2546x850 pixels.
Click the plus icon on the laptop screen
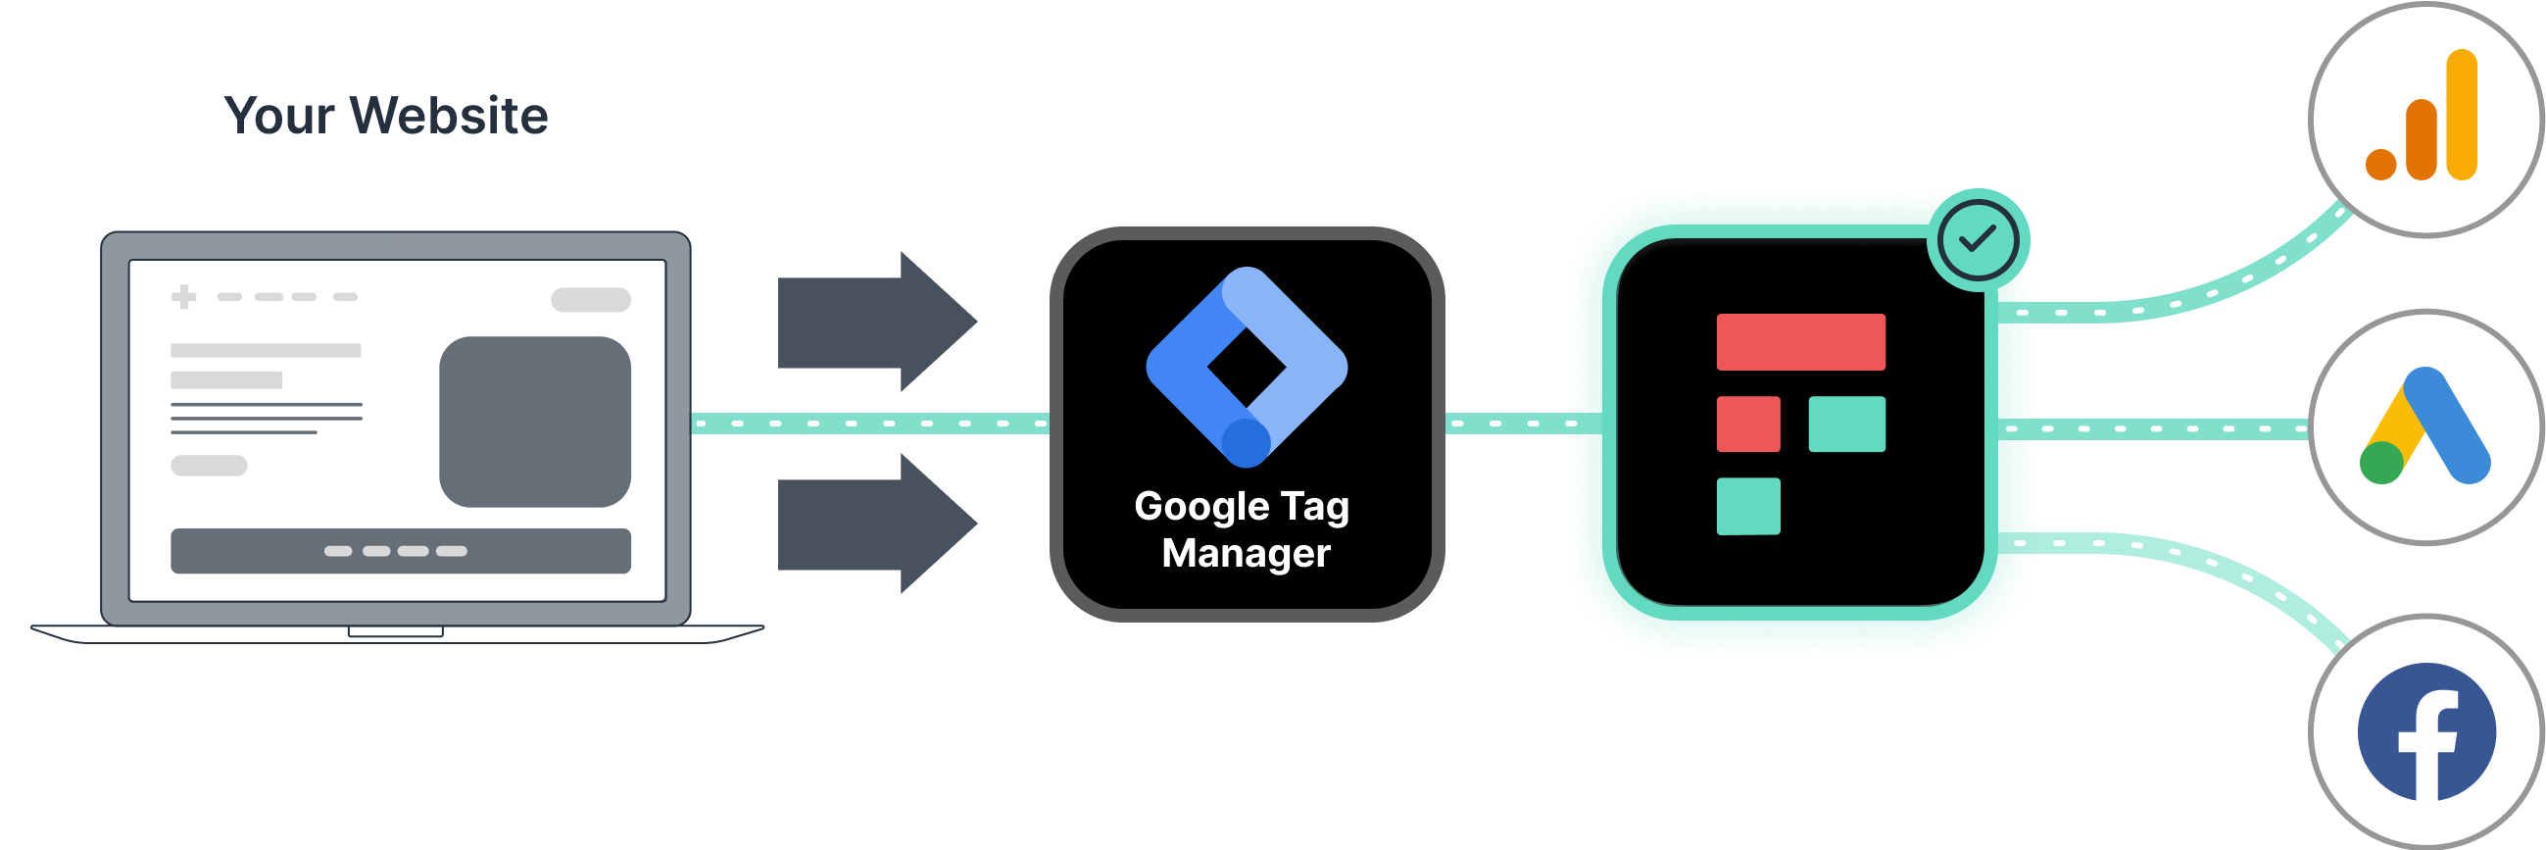[x=184, y=296]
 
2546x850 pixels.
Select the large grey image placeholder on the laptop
[x=535, y=422]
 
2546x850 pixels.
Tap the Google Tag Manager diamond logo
[x=1247, y=367]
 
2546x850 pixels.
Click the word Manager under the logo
[x=1246, y=554]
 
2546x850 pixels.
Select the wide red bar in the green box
[x=1801, y=342]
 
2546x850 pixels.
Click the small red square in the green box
[x=1748, y=424]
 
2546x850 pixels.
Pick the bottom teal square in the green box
[x=1748, y=506]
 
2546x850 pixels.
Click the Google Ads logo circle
[x=2425, y=427]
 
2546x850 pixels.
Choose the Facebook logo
[x=2426, y=732]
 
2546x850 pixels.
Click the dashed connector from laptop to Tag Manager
[x=870, y=424]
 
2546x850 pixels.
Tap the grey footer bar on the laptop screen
[x=400, y=552]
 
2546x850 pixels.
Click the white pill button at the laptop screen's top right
[x=591, y=299]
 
